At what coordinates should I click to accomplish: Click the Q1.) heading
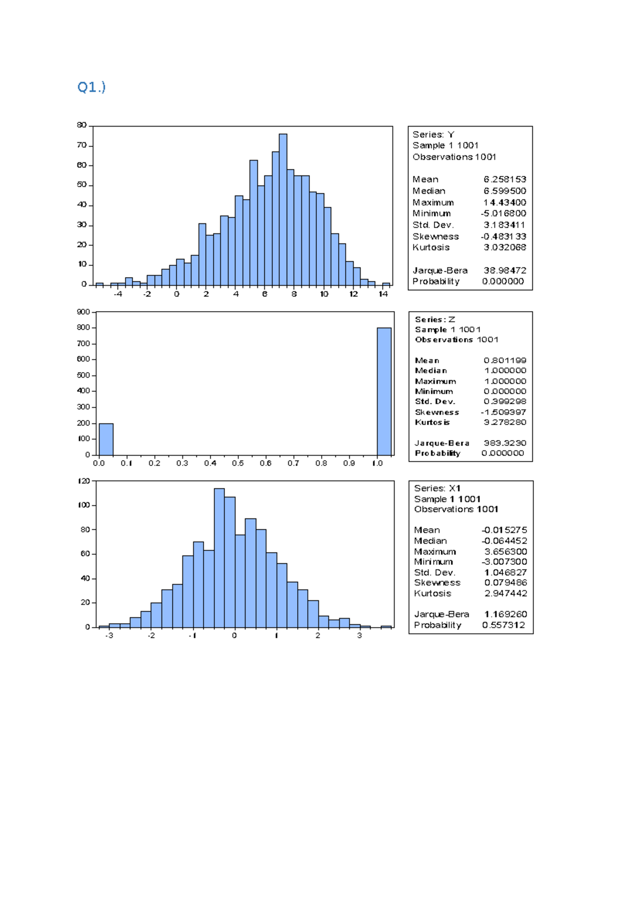point(91,87)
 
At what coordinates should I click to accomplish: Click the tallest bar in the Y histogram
point(283,210)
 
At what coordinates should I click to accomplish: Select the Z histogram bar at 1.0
point(384,391)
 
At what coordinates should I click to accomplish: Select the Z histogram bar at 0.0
point(106,439)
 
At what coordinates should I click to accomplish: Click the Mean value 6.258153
point(505,179)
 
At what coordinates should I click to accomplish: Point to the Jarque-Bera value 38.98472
point(505,270)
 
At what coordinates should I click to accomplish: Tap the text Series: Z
point(435,320)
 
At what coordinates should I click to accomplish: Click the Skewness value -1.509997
point(503,412)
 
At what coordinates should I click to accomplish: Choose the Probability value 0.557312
point(503,625)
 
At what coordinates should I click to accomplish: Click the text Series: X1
point(437,488)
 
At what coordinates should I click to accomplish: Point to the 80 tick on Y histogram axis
point(81,125)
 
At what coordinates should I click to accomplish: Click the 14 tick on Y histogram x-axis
point(383,294)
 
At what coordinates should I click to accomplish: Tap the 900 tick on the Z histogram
point(83,312)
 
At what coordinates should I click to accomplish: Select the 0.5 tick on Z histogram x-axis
point(238,463)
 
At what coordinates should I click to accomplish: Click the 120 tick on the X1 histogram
point(83,481)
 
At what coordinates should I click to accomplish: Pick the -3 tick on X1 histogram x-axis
point(109,636)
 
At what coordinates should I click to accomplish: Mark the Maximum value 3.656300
point(505,551)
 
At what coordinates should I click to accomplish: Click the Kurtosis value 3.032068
point(505,247)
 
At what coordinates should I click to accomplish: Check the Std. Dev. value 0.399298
point(505,402)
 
